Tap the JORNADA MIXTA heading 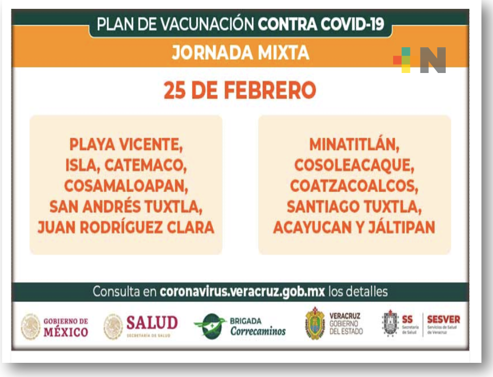(240, 53)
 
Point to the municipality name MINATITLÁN (354, 144)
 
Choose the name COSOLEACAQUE (354, 164)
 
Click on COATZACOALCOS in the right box (354, 185)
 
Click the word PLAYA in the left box (91, 144)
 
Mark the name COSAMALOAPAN (126, 185)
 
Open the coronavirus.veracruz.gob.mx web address (242, 291)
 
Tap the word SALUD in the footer (152, 322)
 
